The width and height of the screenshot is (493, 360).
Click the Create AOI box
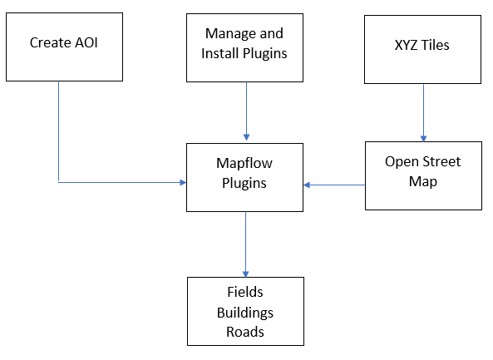point(64,47)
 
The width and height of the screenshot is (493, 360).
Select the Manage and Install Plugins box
point(244,47)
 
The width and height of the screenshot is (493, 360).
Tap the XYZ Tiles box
point(422,49)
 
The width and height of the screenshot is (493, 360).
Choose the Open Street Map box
point(423,175)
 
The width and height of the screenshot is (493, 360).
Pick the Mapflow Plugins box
point(244,177)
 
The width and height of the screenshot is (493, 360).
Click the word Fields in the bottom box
point(245,292)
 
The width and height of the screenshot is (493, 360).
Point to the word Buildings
point(245,313)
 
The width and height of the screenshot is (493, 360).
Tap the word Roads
point(245,332)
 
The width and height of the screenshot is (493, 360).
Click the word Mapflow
point(244,164)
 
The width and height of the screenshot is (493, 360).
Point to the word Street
point(441,161)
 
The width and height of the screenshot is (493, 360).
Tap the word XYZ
point(407,45)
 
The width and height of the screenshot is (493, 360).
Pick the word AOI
point(86,42)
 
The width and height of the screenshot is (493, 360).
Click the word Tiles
point(435,45)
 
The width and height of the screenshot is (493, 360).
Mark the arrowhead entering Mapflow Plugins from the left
point(183,182)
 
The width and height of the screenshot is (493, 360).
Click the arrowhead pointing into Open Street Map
point(423,139)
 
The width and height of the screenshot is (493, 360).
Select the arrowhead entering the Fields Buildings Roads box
point(245,274)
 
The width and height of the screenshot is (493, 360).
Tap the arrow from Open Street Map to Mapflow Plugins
point(334,185)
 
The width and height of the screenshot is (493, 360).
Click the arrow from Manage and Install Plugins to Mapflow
point(246,111)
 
